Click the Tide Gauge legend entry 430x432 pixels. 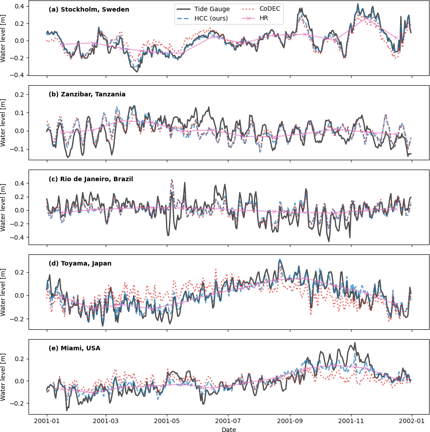[212, 9]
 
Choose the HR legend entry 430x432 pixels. [264, 18]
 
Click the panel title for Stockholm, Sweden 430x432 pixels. [89, 9]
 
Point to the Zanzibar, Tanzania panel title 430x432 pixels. [87, 94]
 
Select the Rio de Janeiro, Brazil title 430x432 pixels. [91, 179]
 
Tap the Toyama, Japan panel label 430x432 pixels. [80, 263]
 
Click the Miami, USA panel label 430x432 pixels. [74, 348]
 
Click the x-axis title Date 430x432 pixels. [229, 429]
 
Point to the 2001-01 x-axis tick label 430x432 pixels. [47, 421]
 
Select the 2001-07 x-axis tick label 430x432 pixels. [229, 421]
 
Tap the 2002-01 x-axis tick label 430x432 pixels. [411, 421]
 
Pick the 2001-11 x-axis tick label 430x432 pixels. [351, 421]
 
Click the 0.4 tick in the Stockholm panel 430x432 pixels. [20, 6]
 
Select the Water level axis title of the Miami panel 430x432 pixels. [4, 376]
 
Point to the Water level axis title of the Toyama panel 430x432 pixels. [4, 292]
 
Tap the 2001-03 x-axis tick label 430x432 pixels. [107, 421]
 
